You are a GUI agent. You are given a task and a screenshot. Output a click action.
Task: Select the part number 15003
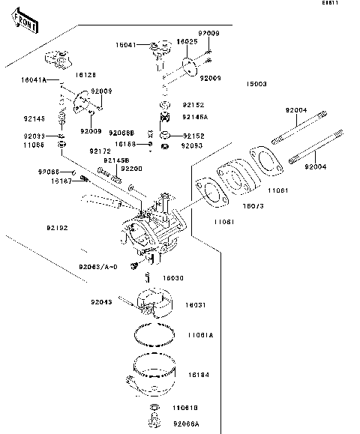point(256,84)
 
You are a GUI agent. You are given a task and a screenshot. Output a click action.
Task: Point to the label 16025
point(187,42)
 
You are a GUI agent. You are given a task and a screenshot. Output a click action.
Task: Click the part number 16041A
point(34,79)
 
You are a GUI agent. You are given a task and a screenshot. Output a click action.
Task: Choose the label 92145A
point(195,117)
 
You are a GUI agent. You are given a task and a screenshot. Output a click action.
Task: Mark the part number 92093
point(192,145)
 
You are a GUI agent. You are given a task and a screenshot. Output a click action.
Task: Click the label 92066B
point(121,132)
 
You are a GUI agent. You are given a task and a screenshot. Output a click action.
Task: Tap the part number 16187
point(61,181)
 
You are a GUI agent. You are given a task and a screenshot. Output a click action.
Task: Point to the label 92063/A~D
point(99,266)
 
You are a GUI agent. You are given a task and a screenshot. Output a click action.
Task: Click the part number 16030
point(174,277)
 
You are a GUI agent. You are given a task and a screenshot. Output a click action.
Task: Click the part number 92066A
point(186,424)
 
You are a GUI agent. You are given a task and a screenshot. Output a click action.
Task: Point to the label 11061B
point(184,408)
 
